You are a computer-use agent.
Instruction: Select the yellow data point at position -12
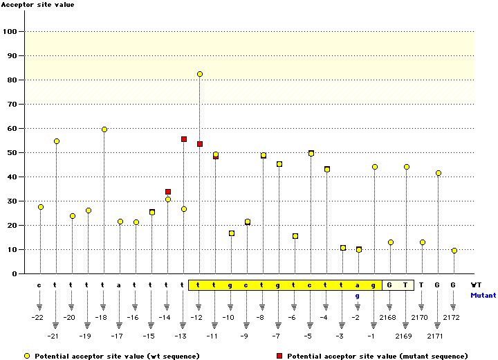pos(200,74)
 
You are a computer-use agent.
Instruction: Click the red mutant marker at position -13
pos(184,139)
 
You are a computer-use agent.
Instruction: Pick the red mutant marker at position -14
pos(168,192)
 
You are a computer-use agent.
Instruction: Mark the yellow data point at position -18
pos(104,129)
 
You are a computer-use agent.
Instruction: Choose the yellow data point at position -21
pos(57,141)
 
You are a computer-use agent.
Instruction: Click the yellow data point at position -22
pos(41,207)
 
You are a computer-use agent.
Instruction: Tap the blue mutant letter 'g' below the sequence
pos(358,296)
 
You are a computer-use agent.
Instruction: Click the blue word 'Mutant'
pos(483,295)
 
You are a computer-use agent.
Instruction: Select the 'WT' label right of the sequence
pos(476,285)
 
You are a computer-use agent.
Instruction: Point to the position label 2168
pos(389,317)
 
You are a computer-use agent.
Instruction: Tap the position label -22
pos(39,317)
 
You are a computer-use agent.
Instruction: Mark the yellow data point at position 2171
pos(439,173)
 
